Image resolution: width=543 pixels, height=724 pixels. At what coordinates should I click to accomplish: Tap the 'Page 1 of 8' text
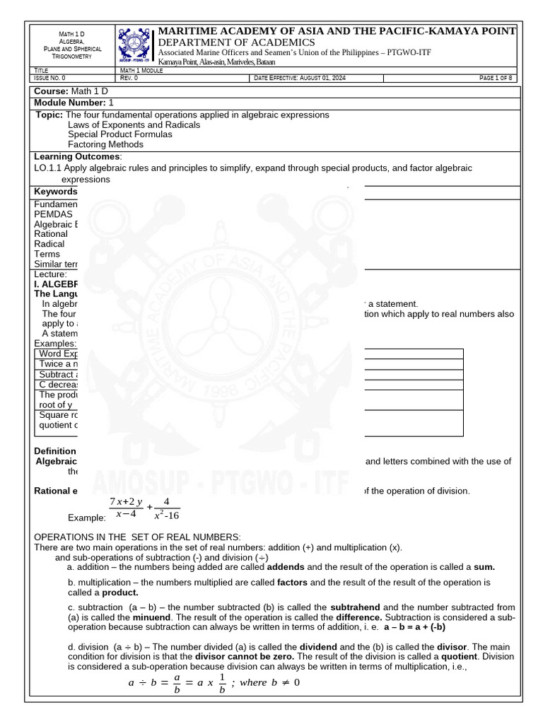tap(495, 78)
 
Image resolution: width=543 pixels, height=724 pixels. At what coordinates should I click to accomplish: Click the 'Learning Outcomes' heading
tap(78, 156)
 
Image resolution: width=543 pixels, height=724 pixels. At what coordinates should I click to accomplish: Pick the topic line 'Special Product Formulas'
tap(119, 134)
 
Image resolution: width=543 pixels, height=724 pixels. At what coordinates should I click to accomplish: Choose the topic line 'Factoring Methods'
tap(105, 144)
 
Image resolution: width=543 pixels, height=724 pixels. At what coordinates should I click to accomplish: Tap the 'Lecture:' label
tap(51, 274)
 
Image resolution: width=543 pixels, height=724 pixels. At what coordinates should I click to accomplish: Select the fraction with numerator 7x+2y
tap(126, 509)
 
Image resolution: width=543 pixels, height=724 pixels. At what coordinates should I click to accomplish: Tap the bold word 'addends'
tap(286, 567)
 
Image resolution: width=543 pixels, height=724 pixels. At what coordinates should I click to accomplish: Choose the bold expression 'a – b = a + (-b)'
tap(425, 627)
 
